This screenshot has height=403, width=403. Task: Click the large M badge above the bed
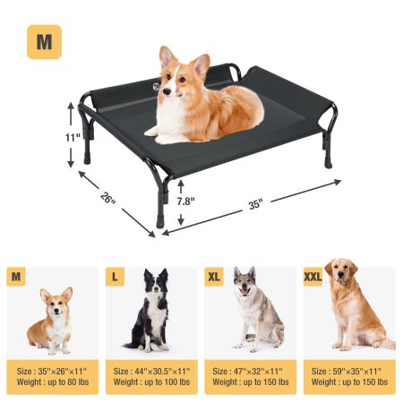tap(44, 42)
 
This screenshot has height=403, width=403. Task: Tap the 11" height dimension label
tap(73, 138)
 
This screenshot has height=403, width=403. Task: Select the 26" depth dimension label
tap(107, 197)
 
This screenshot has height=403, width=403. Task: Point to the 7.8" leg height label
tap(185, 201)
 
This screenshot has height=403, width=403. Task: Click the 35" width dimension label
tap(255, 205)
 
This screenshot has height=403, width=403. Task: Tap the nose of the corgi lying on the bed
tap(167, 91)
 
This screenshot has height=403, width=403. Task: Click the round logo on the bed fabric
tap(156, 86)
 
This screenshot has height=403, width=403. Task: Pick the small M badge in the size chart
tap(16, 277)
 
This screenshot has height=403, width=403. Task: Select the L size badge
tap(115, 277)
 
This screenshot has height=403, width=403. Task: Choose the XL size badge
tap(214, 277)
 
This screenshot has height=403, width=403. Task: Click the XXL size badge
tap(313, 277)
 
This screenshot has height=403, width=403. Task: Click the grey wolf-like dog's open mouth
tap(245, 292)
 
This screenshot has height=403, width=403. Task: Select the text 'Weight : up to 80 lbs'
tap(53, 382)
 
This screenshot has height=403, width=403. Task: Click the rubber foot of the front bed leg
tap(160, 223)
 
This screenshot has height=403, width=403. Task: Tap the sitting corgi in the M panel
tap(51, 321)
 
